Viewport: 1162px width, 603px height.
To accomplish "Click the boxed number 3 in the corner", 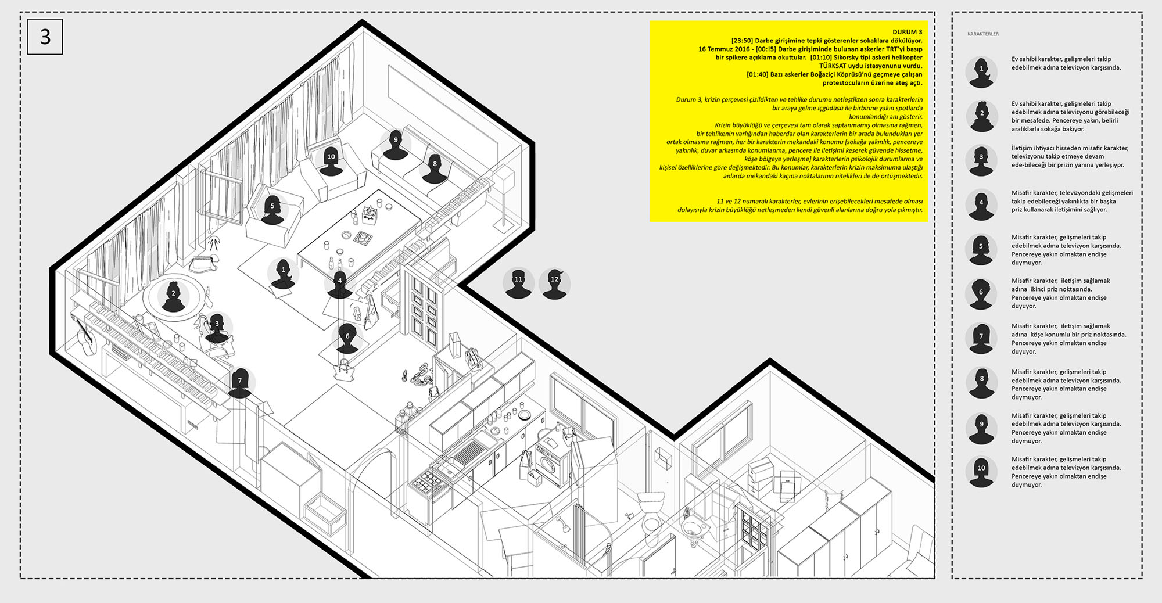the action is click(45, 37).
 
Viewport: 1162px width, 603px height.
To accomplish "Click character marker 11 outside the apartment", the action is click(518, 283).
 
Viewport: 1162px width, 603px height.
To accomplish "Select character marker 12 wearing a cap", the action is click(554, 283).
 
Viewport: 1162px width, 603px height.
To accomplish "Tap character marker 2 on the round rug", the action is click(173, 296).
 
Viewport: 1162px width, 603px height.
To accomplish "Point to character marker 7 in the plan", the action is click(239, 383).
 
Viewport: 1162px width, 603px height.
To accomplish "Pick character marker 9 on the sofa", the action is click(396, 143).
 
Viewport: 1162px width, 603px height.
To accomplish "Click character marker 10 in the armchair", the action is click(331, 160).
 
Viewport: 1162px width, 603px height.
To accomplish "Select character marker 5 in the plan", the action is click(272, 209).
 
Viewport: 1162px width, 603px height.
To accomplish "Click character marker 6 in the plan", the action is click(347, 339).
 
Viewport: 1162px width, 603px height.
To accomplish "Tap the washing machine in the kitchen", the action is click(551, 462).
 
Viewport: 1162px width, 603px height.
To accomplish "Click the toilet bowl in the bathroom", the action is click(651, 508).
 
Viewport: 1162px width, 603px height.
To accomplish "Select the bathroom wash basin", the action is click(693, 527).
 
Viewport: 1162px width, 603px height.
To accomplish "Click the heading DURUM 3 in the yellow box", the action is click(907, 32).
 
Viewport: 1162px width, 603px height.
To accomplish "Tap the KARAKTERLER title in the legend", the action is click(983, 34).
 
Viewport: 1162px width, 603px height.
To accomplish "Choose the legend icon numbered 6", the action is click(981, 293).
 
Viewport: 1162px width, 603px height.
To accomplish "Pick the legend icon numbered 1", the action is click(981, 72).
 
